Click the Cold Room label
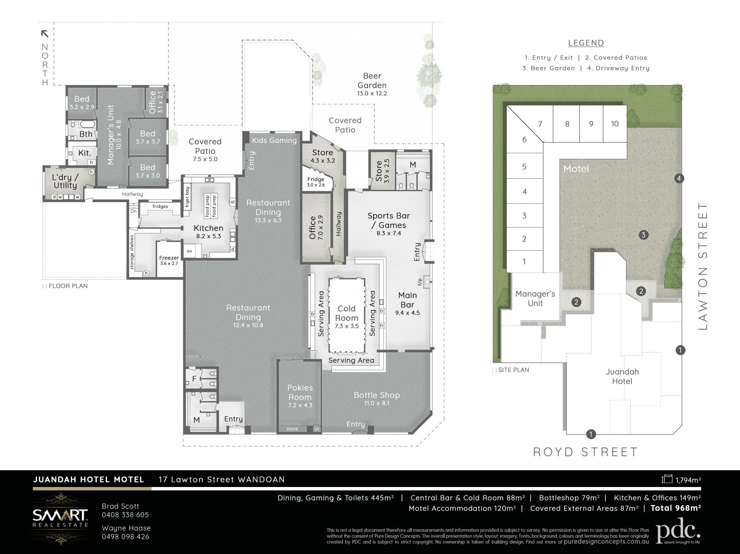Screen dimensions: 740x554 (x=346, y=313)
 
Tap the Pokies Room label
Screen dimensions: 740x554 (x=300, y=392)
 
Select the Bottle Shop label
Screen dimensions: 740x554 (x=377, y=395)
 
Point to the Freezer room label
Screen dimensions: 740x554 (x=169, y=258)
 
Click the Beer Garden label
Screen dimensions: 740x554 (x=372, y=80)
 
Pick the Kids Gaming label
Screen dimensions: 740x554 (x=274, y=141)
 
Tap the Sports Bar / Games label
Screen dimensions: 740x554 (x=388, y=220)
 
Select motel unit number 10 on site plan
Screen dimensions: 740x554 (x=615, y=124)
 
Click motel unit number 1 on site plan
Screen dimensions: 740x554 (x=524, y=262)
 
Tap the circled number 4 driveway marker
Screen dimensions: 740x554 (x=679, y=178)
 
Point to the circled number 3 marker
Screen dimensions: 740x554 (x=643, y=235)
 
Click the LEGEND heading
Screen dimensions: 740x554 (x=586, y=43)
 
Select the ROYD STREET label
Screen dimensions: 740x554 (x=585, y=452)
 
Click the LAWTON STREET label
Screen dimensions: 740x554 (x=703, y=266)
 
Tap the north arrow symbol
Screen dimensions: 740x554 (x=45, y=34)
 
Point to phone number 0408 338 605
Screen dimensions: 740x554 (x=125, y=515)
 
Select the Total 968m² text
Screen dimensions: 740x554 (x=676, y=508)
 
